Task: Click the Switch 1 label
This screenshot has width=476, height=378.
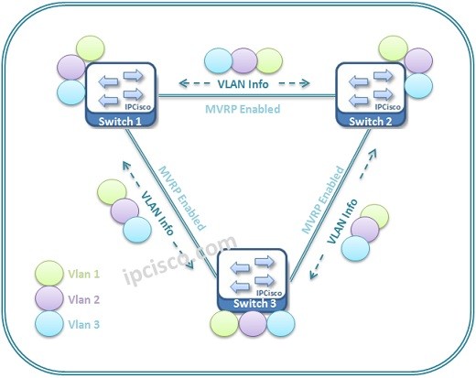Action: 120,122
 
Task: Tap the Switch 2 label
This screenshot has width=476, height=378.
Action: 371,122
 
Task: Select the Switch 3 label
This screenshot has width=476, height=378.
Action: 254,303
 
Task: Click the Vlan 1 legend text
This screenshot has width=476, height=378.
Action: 83,274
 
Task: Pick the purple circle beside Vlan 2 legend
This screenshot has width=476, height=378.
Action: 49,298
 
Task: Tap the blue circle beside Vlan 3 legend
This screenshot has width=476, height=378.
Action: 49,324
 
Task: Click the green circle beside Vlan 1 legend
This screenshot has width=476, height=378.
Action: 49,273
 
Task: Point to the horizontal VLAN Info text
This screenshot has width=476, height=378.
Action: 243,84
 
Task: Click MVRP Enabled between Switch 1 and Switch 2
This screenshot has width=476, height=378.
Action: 243,109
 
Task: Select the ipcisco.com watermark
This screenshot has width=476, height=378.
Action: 180,260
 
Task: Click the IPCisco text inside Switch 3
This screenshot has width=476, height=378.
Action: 269,293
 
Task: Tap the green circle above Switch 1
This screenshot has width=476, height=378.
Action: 91,49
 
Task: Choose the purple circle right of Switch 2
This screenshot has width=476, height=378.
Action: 418,60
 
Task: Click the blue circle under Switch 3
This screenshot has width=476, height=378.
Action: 281,324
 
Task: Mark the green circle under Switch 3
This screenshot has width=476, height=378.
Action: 224,324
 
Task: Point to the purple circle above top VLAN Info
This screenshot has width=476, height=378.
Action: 243,60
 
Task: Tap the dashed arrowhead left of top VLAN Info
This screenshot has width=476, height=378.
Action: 183,83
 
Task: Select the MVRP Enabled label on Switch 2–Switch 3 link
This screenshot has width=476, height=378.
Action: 323,200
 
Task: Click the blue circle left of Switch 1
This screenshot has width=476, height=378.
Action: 71,92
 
